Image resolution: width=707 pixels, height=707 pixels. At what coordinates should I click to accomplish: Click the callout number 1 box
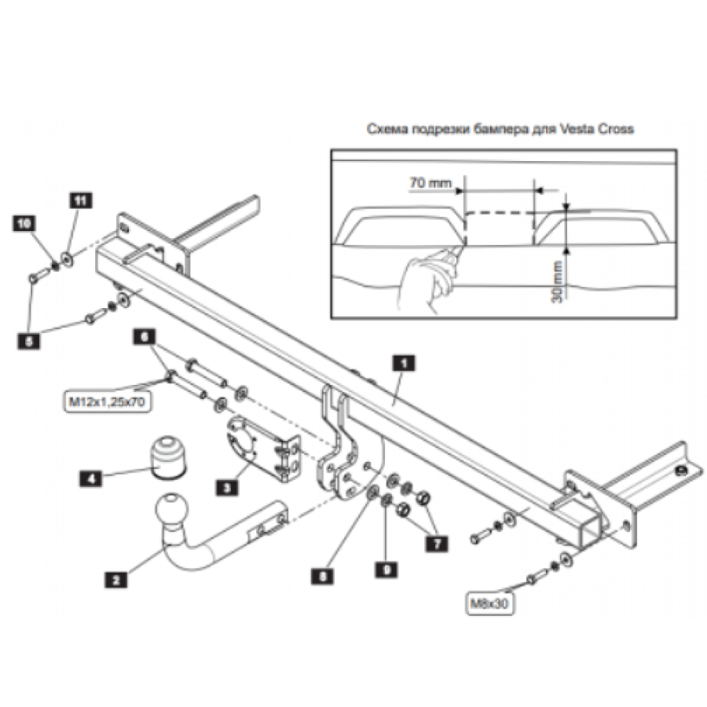pyautogui.click(x=403, y=362)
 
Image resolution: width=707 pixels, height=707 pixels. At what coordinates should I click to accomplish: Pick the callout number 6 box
pyautogui.click(x=143, y=335)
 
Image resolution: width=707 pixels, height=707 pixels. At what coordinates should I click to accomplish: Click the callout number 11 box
pyautogui.click(x=79, y=200)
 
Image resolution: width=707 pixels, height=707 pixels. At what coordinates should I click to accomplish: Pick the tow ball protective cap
pyautogui.click(x=167, y=455)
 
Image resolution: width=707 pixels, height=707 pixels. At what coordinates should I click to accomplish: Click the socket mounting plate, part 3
pyautogui.click(x=260, y=447)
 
